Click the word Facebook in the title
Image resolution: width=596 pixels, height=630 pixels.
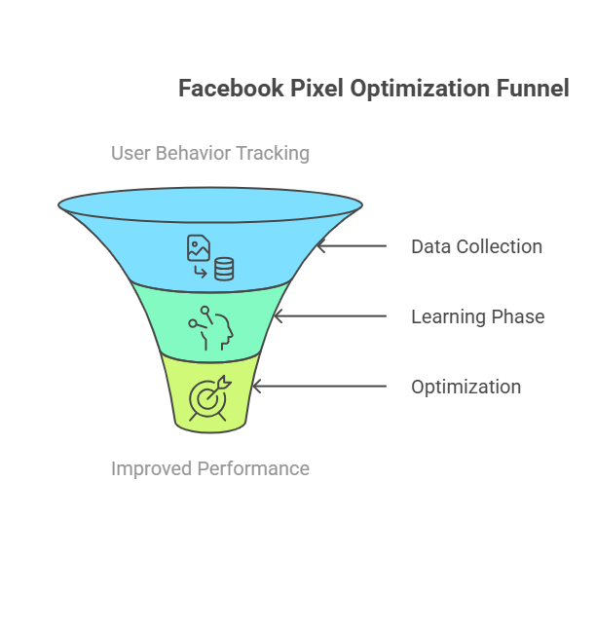(x=231, y=89)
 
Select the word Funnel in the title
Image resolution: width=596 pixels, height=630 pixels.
(x=534, y=89)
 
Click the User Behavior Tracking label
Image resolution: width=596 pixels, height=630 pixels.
(x=210, y=153)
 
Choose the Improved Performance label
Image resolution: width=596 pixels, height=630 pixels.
(x=210, y=468)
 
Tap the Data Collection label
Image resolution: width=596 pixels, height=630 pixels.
(x=476, y=246)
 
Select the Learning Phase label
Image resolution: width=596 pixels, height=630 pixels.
(x=477, y=316)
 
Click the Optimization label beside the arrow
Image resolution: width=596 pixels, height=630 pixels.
(x=466, y=387)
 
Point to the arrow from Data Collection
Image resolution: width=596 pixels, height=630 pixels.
(x=352, y=246)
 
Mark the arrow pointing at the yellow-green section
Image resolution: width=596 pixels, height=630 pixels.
(x=318, y=387)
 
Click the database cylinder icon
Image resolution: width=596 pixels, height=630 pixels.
(x=224, y=268)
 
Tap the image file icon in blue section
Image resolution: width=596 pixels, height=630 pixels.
(x=199, y=247)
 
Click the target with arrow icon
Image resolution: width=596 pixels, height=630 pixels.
(x=210, y=397)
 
